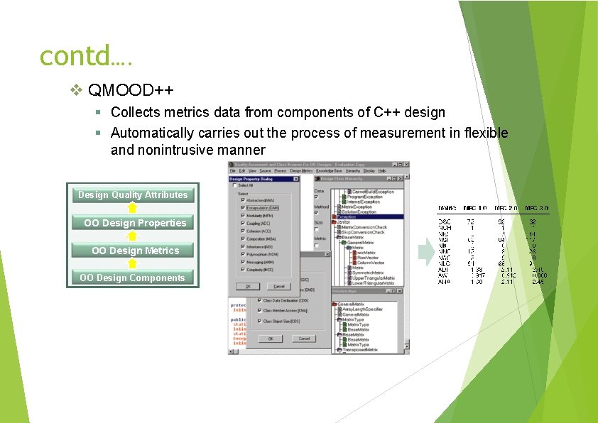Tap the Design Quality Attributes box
133,195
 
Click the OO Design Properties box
133,223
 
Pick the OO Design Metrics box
133,251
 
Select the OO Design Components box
133,278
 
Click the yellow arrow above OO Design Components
132,264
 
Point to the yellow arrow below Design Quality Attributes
132,209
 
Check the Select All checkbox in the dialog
235,185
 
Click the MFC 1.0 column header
476,208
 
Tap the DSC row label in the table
443,221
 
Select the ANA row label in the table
443,281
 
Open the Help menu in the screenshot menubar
381,171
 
